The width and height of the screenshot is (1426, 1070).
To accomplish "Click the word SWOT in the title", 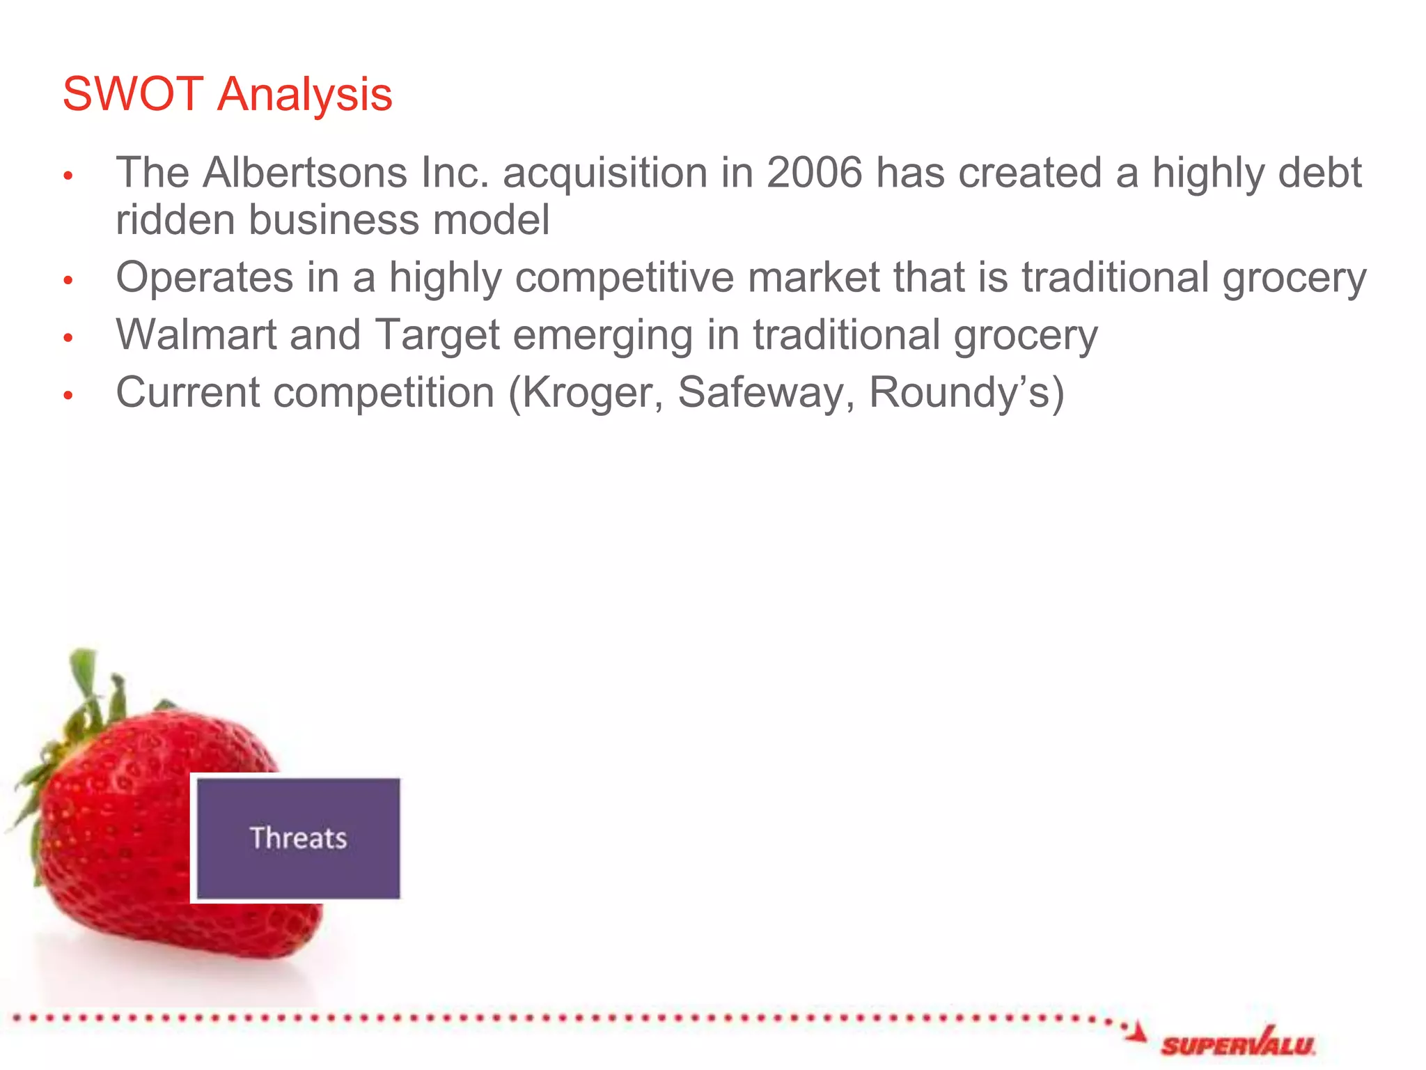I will pyautogui.click(x=132, y=94).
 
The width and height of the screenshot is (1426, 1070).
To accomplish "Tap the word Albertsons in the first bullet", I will pyautogui.click(x=304, y=172).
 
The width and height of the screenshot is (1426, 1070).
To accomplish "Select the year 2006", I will pyautogui.click(x=814, y=172).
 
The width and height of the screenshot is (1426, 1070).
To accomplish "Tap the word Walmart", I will pyautogui.click(x=196, y=335).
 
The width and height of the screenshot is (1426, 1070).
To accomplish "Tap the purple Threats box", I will pyautogui.click(x=298, y=838).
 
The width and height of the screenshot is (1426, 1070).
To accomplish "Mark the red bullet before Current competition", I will pyautogui.click(x=68, y=395).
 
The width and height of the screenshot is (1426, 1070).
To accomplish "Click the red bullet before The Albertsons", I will pyautogui.click(x=68, y=175).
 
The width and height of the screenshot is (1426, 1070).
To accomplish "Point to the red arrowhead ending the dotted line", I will pyautogui.click(x=1136, y=1032).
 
